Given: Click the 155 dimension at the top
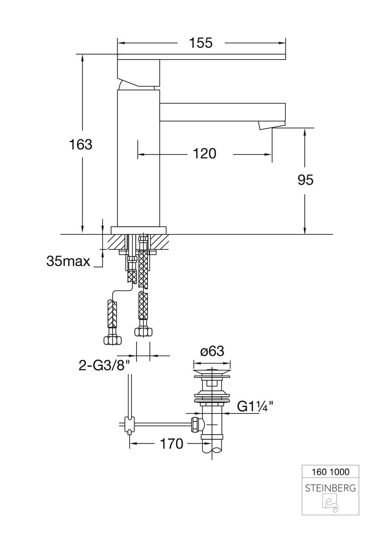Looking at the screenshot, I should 201,43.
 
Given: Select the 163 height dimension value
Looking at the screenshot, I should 81,144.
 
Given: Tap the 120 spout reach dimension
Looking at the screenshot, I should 205,154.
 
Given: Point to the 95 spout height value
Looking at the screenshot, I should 305,180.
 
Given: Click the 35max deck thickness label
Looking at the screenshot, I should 68,261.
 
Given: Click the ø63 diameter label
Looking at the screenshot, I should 212,351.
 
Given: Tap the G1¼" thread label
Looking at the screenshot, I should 255,407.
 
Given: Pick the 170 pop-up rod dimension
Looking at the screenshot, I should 172,444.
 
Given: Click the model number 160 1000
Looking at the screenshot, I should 331,472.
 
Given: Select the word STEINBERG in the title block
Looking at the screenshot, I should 330,488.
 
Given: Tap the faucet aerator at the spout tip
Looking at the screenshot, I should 271,125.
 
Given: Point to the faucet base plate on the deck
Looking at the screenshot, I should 138,230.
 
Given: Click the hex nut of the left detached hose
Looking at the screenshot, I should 112,340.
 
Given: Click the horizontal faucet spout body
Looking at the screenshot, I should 222,112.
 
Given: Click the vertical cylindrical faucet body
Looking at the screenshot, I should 138,158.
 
